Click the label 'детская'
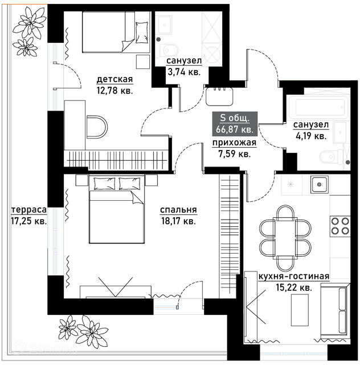click(114, 80)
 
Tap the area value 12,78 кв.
click(114, 91)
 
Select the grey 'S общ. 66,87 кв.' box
click(235, 124)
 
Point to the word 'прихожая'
click(235, 143)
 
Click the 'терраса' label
click(29, 210)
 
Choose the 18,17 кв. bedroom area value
click(179, 221)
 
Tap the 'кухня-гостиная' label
click(294, 277)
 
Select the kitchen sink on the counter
click(319, 185)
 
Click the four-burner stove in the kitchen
click(340, 226)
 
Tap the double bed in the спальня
click(117, 209)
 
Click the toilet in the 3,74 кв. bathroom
click(169, 51)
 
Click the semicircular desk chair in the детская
click(97, 127)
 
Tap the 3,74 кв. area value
click(184, 72)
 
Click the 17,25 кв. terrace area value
click(29, 221)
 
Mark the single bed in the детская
click(116, 32)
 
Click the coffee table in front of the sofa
click(300, 310)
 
